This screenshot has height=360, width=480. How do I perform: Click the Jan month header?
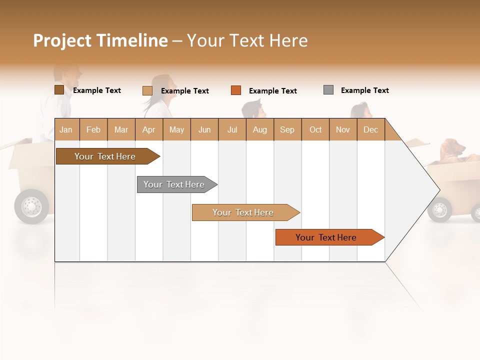click(x=66, y=129)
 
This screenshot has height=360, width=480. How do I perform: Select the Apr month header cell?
click(x=149, y=129)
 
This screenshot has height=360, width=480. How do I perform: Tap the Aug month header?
click(x=260, y=129)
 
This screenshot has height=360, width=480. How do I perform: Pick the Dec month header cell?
click(x=370, y=129)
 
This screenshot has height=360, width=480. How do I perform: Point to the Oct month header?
click(x=315, y=129)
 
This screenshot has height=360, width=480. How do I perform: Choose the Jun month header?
click(x=204, y=129)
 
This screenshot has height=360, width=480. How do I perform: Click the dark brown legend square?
click(x=59, y=90)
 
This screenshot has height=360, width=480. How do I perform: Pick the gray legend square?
click(x=328, y=90)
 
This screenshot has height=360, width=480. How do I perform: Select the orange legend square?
click(x=236, y=90)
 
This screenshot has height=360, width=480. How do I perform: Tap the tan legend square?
click(x=147, y=90)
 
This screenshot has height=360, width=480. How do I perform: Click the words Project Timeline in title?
click(x=100, y=40)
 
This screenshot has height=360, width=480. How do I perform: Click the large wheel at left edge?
click(x=31, y=206)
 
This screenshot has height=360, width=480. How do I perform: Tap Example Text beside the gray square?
click(x=364, y=90)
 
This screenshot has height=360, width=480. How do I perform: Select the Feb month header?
click(x=93, y=129)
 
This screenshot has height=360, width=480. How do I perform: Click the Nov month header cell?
click(x=343, y=129)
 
